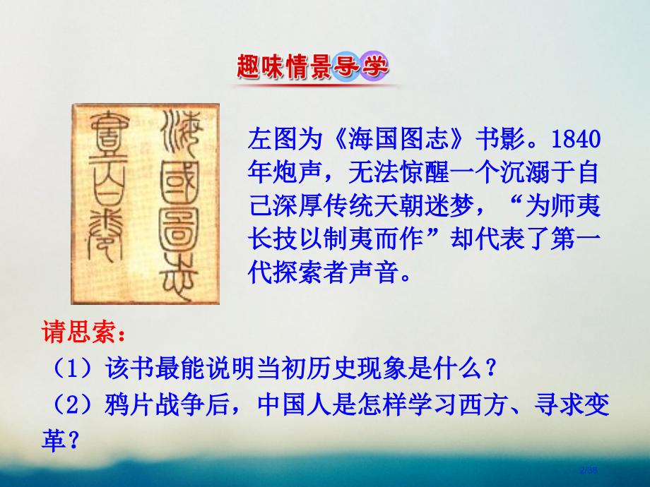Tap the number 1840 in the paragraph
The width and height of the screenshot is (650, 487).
click(x=575, y=138)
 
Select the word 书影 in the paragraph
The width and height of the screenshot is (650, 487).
click(x=499, y=138)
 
